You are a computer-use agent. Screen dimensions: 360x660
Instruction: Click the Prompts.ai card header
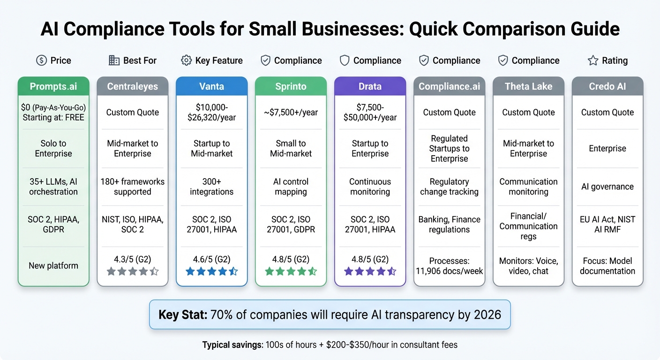53,86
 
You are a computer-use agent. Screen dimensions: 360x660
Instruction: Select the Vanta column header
211,86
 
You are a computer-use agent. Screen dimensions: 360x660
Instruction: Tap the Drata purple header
370,86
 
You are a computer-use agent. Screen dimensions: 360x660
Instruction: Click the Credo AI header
607,86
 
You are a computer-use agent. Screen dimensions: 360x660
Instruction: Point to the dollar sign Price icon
41,60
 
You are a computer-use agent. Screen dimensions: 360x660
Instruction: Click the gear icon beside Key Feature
186,60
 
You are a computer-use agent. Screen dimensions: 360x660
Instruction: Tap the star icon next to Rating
592,60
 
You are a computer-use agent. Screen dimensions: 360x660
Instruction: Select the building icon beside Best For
114,60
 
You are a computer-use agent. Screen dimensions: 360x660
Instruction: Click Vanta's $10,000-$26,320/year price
211,112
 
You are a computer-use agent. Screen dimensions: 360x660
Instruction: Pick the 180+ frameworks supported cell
133,187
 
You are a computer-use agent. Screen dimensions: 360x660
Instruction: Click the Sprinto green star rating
291,271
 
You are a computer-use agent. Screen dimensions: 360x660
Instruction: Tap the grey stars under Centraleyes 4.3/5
133,271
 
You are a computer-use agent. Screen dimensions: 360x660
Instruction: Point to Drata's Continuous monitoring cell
370,187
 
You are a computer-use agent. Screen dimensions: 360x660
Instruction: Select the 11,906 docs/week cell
449,266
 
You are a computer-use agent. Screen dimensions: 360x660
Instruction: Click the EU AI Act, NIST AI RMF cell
607,224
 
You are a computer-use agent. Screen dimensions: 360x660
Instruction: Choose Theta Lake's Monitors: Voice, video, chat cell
528,266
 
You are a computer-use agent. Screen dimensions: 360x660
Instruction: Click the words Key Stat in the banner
183,314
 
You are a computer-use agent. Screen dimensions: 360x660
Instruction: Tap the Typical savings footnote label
232,345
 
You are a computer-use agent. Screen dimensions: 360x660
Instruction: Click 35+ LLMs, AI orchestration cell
53,187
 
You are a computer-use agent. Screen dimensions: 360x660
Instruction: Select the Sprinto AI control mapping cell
291,187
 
